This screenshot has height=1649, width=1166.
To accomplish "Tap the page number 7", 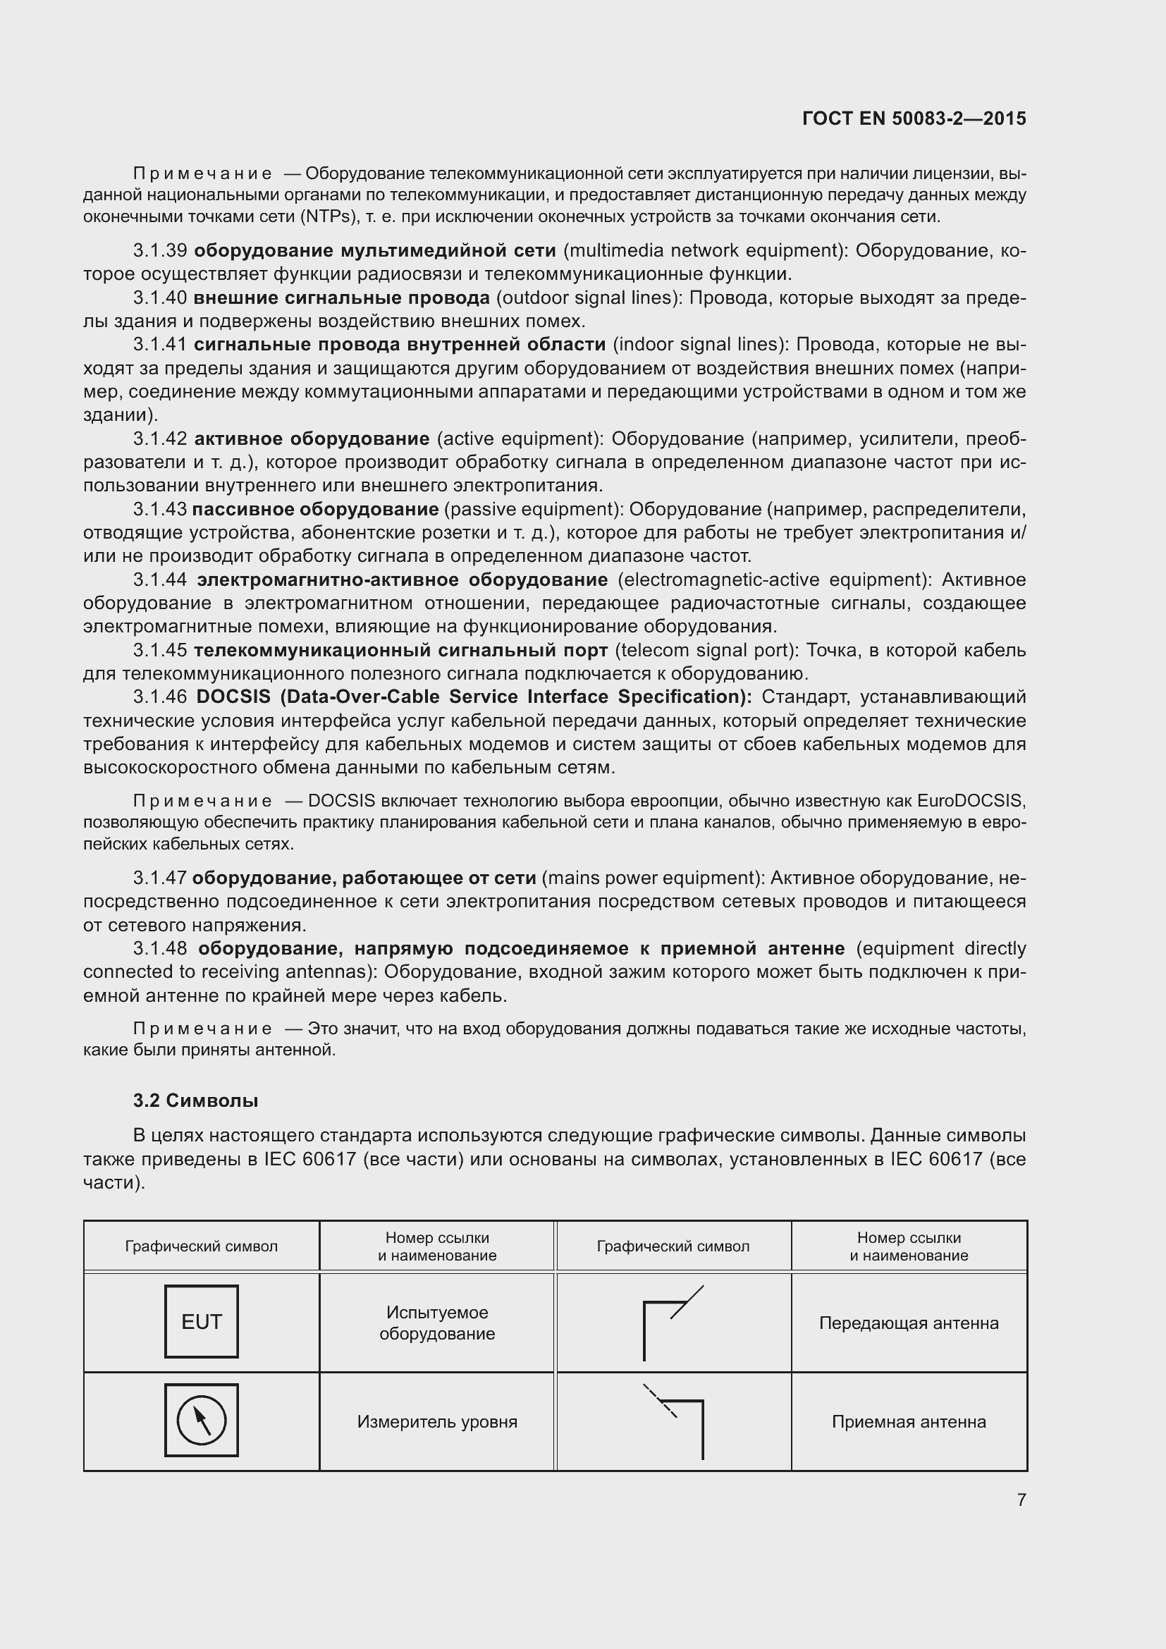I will click(1021, 1500).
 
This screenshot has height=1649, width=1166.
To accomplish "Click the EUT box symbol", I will click(201, 1321).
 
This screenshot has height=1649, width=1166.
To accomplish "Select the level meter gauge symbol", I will click(201, 1420).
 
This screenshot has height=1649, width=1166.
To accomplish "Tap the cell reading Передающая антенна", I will click(908, 1323).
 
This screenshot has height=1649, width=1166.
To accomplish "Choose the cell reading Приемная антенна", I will click(908, 1421).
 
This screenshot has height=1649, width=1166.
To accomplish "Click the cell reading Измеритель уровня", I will click(436, 1421).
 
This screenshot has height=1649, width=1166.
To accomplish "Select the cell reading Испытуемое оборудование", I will click(436, 1323).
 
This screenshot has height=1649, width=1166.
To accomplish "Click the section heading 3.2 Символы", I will click(195, 1101).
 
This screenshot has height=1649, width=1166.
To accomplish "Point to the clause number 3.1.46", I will click(160, 697).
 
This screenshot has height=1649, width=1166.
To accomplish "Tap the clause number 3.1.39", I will click(160, 251).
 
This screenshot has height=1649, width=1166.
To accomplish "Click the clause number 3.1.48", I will click(160, 948).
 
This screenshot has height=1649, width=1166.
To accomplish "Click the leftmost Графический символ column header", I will click(201, 1246).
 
